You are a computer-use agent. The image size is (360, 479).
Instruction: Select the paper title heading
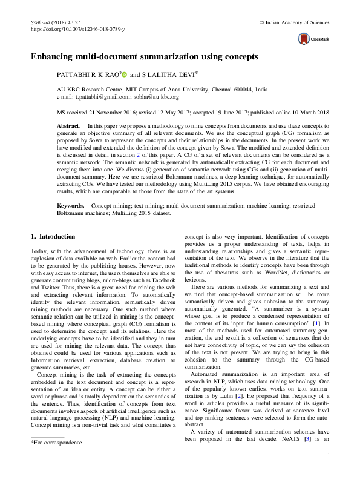[x=145, y=56]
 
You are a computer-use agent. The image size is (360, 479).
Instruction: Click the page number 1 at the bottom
[x=327, y=457]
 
